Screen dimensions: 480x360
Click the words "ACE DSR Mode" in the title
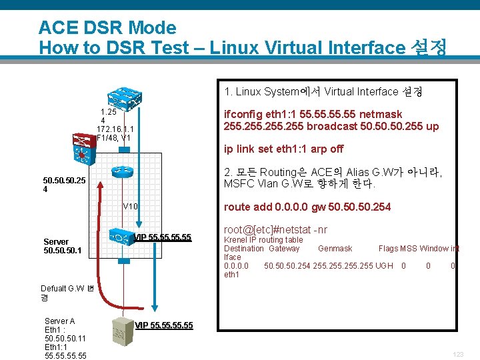(107, 28)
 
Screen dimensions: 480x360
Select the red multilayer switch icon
(85, 148)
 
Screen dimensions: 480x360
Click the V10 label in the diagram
(130, 206)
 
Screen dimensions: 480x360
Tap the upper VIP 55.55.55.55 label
(163, 237)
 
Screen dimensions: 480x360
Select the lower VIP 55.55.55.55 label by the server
(164, 325)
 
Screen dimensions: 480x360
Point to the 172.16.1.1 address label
(115, 129)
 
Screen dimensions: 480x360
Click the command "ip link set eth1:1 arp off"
(283, 149)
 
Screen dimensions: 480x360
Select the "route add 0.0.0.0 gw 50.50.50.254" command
(307, 207)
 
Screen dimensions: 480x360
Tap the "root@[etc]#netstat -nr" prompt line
(275, 229)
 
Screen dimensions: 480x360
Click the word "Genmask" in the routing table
(335, 248)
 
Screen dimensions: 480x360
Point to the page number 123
(458, 355)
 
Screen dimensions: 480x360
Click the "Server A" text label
(59, 321)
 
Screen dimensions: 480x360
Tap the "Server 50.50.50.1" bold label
(62, 246)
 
